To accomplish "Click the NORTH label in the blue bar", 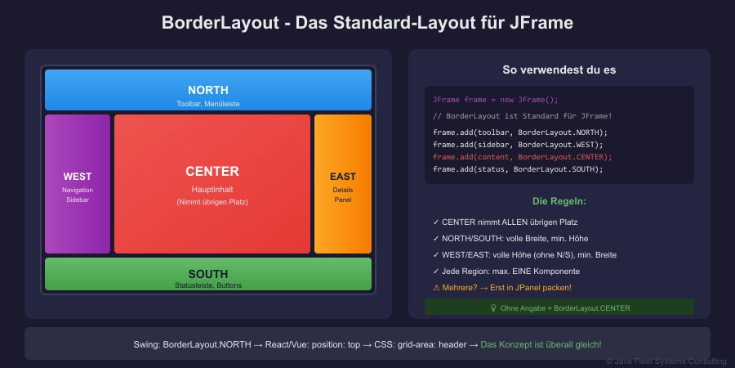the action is [208, 90].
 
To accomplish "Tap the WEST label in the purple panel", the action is [78, 177].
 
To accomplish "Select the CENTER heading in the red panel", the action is [212, 172].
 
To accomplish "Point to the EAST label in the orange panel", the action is [343, 177].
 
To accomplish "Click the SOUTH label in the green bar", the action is [208, 274].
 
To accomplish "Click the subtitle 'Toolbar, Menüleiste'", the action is [208, 104].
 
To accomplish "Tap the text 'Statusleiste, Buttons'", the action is [208, 285].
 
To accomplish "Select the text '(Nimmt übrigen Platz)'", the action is [212, 202].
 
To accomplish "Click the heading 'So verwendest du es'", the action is [559, 70].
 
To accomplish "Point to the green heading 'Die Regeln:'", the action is [559, 201].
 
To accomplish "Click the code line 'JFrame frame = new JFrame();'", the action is [496, 100].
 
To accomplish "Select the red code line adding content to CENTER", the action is [522, 157].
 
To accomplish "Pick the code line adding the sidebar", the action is [518, 145].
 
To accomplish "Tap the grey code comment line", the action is [522, 116].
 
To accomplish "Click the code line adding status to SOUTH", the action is [518, 169].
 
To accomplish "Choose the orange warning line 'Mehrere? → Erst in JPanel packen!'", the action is [502, 288].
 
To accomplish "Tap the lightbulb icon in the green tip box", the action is [493, 308].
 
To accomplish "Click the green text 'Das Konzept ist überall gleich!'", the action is [541, 344].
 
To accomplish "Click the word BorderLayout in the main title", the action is [220, 23].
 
